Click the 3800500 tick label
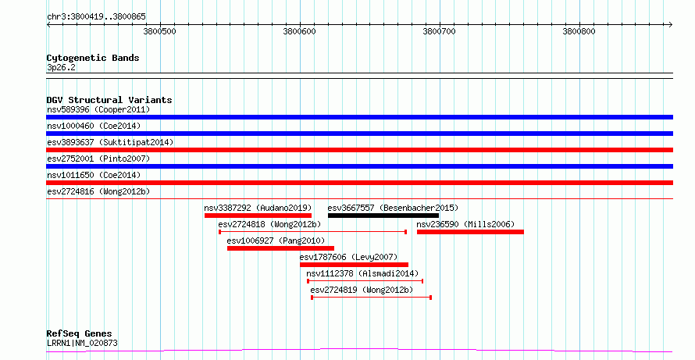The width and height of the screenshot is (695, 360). pos(160,31)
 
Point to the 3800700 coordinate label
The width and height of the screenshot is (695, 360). pos(439,31)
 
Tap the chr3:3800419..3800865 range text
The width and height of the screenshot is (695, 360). pos(96,17)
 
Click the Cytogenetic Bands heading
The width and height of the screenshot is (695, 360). pos(93,58)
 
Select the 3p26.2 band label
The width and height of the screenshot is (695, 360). pos(61,67)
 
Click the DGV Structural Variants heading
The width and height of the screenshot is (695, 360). pos(109,100)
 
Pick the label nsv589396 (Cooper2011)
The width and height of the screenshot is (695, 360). pos(98,109)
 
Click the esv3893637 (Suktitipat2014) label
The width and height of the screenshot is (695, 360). pos(110,142)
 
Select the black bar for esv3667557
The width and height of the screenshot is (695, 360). pos(383,216)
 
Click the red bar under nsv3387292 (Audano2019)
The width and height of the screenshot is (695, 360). pos(258,216)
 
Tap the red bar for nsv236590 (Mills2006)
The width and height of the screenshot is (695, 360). pos(470,232)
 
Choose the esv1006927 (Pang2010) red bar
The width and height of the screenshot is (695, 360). pos(280,248)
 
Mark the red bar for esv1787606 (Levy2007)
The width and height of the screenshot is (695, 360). pos(355,265)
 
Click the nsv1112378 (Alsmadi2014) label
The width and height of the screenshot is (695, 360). pos(362,273)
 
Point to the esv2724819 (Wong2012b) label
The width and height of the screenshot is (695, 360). pos(362,290)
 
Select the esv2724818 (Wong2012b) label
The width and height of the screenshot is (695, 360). pos(269,224)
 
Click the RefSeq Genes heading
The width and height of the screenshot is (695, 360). pos(80,333)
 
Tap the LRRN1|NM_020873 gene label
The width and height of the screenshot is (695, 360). pos(82,343)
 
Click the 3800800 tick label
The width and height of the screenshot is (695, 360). pos(579,31)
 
